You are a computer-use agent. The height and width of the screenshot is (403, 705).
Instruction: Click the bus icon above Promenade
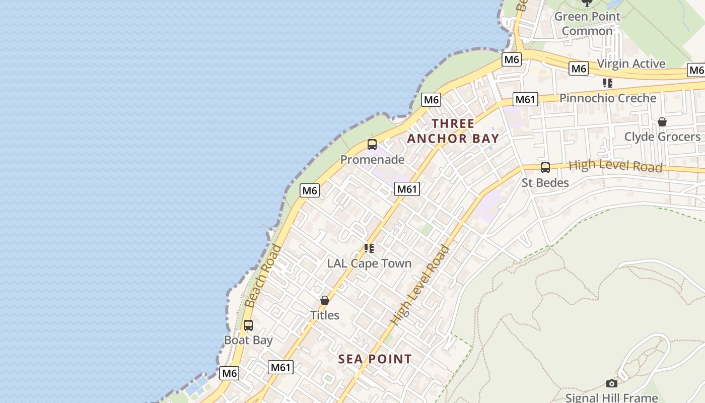click(x=372, y=145)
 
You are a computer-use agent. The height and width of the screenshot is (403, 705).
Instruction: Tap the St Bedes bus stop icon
click(x=545, y=168)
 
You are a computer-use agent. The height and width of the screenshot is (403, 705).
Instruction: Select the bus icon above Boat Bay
click(x=248, y=325)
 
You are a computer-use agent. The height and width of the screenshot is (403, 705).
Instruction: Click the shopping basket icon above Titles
click(x=325, y=300)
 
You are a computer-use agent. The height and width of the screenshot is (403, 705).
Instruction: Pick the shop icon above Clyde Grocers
click(x=662, y=122)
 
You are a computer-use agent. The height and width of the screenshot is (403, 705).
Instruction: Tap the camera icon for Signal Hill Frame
click(x=611, y=384)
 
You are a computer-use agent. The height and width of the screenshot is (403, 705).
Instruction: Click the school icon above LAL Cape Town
click(x=369, y=248)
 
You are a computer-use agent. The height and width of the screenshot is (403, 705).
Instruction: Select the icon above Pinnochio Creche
click(x=608, y=83)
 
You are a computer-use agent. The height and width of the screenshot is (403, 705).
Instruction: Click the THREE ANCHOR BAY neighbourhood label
click(x=453, y=131)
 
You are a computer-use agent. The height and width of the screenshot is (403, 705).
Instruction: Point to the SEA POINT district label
click(x=375, y=359)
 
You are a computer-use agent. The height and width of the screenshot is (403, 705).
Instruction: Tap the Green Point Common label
click(x=587, y=24)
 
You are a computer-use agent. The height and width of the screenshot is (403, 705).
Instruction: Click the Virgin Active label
click(x=631, y=64)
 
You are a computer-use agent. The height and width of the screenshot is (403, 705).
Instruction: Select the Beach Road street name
click(x=263, y=276)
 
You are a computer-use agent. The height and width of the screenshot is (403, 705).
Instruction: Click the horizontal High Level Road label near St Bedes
click(x=615, y=166)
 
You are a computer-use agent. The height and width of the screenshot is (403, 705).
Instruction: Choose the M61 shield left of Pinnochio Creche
click(x=525, y=99)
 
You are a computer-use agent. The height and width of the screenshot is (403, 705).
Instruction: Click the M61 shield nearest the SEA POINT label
click(x=280, y=367)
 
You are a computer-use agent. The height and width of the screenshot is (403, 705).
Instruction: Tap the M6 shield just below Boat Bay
click(x=229, y=373)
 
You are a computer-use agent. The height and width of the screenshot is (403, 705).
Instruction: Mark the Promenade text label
click(x=372, y=160)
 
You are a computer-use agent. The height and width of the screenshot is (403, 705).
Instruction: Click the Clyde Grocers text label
click(x=662, y=137)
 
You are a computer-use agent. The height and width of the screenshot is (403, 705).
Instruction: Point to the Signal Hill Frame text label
click(x=611, y=397)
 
